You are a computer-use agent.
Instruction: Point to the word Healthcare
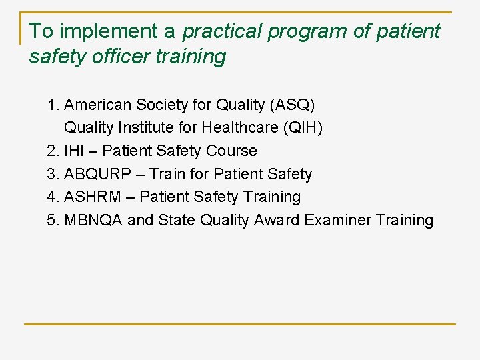click(235, 128)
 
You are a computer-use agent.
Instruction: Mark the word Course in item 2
click(231, 151)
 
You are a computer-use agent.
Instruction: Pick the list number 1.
click(53, 105)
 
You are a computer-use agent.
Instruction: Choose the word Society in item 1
click(162, 105)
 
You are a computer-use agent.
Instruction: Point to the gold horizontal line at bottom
click(240, 324)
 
